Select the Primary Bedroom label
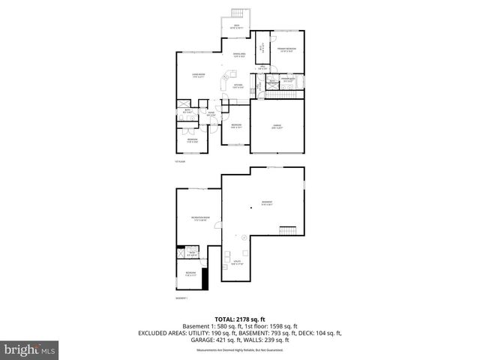[286, 49]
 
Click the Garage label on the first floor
[277, 127]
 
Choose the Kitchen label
[238, 85]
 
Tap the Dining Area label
[238, 55]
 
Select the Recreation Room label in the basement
[199, 218]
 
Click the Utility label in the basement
[238, 262]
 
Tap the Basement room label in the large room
[266, 202]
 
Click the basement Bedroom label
[191, 273]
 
